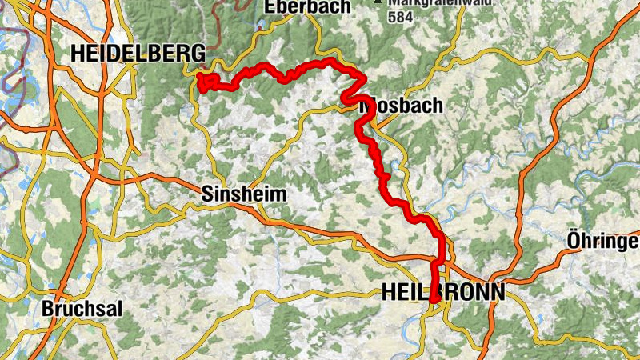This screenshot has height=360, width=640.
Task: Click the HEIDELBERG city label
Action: pos(138,54)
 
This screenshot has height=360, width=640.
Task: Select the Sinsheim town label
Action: pos(243,194)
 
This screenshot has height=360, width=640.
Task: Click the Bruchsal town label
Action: pos(82,309)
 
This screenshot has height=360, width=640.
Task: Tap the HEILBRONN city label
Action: pos(442,293)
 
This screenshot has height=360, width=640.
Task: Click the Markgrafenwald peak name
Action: pos(424,3)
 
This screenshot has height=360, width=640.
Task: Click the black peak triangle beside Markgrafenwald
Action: pos(377,2)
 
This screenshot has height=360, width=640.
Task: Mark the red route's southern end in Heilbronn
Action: pos(433,300)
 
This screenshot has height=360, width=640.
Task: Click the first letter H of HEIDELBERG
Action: pos(78,54)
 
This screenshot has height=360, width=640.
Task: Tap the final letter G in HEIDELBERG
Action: pos(199,54)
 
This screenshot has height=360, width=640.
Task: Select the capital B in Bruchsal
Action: pos(47,309)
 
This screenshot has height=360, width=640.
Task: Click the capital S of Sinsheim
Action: pos(206,194)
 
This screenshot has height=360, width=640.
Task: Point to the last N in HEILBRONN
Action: pos(497,293)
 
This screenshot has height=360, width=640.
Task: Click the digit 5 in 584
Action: pos(391,15)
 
